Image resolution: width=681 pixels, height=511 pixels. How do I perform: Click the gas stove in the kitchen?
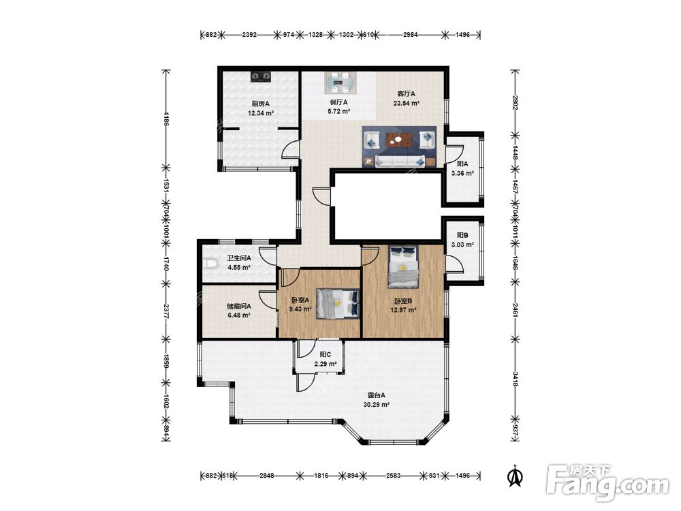[261, 76]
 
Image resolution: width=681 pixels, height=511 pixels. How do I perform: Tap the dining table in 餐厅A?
[340, 82]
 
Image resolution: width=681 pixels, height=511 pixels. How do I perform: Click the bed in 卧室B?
[403, 267]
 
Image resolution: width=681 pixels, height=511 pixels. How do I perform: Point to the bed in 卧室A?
[338, 303]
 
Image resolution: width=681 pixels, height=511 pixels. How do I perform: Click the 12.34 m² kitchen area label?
[261, 113]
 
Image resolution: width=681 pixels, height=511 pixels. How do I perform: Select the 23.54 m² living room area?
[406, 104]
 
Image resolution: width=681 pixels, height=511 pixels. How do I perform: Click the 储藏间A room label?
[239, 306]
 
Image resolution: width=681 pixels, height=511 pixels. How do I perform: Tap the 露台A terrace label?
[376, 395]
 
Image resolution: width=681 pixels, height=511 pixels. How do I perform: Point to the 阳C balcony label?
[326, 354]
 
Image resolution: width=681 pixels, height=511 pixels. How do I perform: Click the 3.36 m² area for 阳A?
[462, 173]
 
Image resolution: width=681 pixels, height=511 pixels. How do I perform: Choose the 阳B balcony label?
[462, 235]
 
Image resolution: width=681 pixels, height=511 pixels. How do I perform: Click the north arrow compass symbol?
[516, 476]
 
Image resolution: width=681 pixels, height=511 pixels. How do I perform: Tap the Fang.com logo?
[607, 482]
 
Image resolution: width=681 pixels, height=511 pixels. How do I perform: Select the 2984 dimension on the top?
[410, 35]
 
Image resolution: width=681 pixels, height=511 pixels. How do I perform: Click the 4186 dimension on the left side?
[165, 118]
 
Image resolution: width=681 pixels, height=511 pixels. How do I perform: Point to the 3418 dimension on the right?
[515, 378]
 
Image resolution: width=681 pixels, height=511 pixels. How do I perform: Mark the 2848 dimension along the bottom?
[267, 476]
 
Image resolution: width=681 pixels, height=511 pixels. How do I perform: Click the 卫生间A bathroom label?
[239, 258]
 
